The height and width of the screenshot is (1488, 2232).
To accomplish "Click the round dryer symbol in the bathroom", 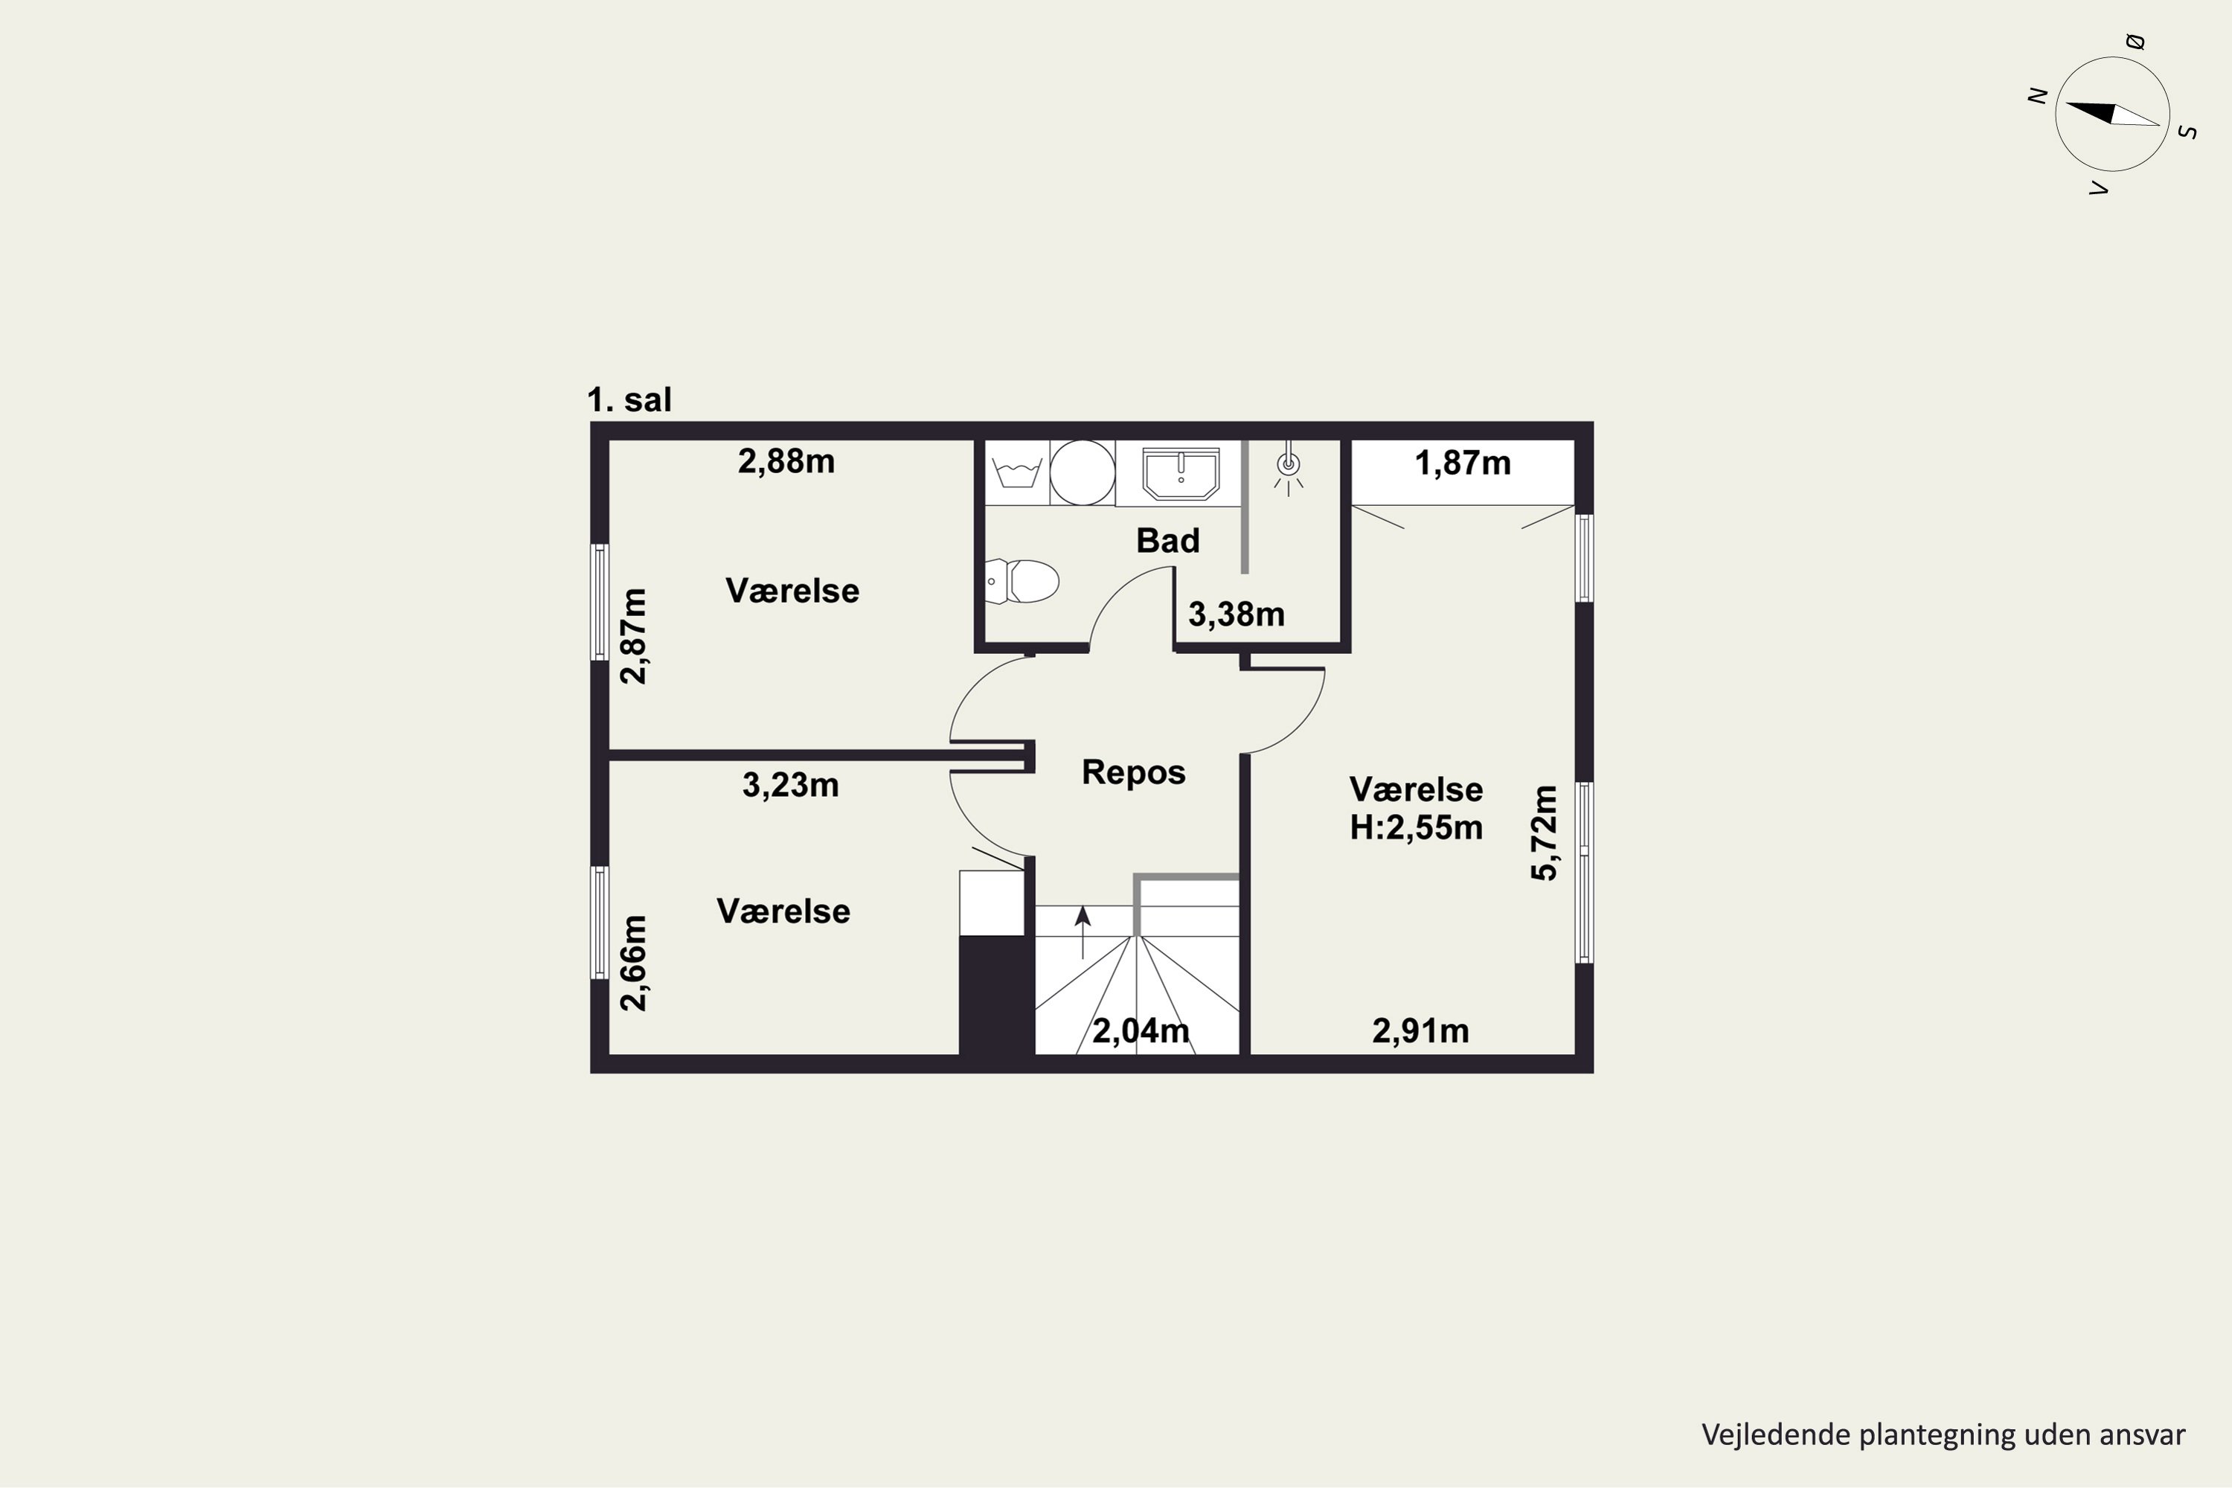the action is click(x=1082, y=472).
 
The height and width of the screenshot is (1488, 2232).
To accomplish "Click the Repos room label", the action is click(x=1133, y=772).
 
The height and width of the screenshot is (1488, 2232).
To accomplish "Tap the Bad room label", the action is click(x=1168, y=540).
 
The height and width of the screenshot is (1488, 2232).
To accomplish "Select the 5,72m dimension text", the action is click(x=1544, y=833).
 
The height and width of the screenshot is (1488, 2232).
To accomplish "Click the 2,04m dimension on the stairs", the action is click(x=1141, y=1030).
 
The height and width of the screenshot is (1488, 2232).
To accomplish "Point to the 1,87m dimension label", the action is click(x=1463, y=463).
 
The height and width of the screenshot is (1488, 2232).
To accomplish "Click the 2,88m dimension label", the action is click(x=786, y=461).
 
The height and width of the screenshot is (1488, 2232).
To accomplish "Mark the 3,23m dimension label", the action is click(x=790, y=786).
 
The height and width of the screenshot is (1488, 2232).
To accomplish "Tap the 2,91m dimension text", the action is click(x=1420, y=1030).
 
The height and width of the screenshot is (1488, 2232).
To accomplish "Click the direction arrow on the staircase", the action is click(x=1083, y=932).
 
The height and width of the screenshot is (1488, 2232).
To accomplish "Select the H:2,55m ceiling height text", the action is click(x=1416, y=827).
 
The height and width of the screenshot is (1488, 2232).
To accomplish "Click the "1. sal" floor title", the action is click(x=629, y=400).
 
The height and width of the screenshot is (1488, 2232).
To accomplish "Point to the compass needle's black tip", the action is click(x=2066, y=103).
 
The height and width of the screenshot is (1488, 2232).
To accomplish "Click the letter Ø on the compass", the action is click(x=2135, y=41).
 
